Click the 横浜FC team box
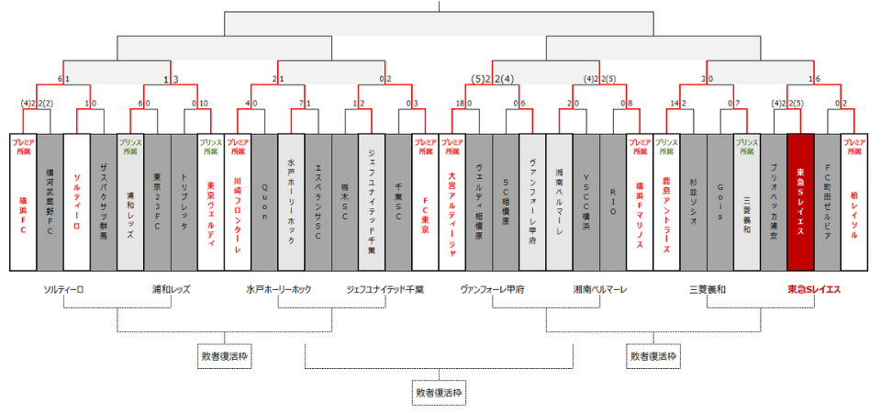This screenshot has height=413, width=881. [x=23, y=202]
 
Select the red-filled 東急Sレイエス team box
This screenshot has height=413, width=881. [x=800, y=202]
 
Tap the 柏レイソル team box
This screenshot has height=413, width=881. [x=854, y=202]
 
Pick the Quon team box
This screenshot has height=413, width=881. [x=264, y=202]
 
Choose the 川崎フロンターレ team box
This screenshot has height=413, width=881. [x=237, y=202]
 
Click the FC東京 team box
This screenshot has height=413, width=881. [x=425, y=202]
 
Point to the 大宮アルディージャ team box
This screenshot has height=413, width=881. [x=452, y=202]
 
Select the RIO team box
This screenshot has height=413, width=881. [x=613, y=202]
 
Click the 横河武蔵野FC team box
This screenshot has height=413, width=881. [x=50, y=202]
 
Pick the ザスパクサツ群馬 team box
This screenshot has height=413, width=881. [x=104, y=202]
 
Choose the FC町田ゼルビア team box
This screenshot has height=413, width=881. [x=828, y=202]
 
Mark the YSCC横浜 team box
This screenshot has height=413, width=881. [x=586, y=202]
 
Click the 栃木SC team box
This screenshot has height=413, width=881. [x=344, y=202]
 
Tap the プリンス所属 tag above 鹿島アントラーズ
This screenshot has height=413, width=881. [x=666, y=146]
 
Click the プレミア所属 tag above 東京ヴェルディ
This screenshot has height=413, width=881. [x=210, y=146]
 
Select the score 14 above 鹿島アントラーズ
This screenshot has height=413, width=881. [x=675, y=104]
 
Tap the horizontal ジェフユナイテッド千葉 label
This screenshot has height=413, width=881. [x=385, y=289]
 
